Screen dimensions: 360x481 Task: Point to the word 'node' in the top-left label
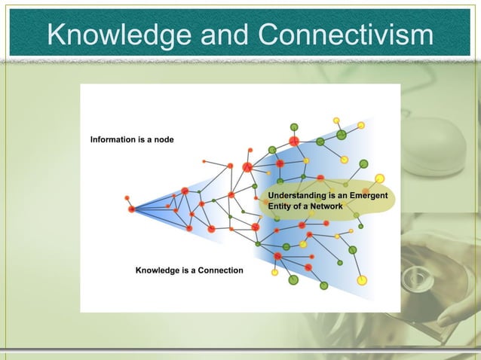coord(164,140)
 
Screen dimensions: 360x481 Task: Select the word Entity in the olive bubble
coord(280,205)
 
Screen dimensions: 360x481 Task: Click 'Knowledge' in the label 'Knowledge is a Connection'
coord(157,270)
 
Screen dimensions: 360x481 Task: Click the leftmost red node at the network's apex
coord(131,209)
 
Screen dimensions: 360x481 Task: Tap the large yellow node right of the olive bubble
coord(380,178)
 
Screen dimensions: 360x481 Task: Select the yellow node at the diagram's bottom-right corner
coord(362,280)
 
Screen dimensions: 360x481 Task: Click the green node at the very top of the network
coord(294,127)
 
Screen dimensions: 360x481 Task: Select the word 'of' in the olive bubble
coord(299,205)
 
